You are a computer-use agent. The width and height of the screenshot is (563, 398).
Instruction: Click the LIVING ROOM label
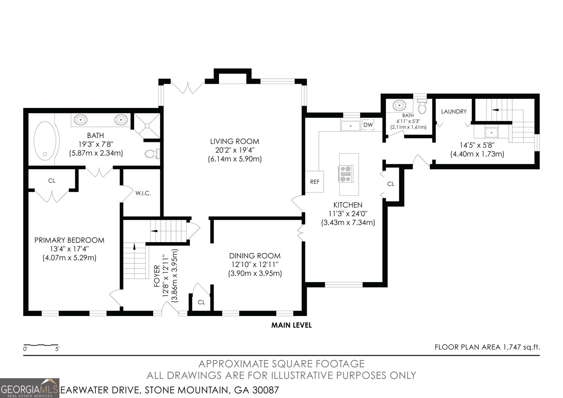coord(234,141)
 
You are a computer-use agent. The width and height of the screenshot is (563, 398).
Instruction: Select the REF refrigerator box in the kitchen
coord(315,182)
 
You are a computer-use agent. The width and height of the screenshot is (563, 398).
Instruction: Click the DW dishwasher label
coord(368,125)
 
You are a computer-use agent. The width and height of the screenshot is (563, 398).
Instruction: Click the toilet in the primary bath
coord(152,154)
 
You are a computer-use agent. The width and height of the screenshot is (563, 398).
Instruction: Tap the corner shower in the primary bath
coord(147,126)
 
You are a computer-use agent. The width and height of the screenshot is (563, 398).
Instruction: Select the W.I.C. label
coord(143,193)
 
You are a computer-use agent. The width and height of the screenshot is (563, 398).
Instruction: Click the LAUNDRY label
coord(454,112)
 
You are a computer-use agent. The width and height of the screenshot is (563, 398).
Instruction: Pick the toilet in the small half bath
coord(422,107)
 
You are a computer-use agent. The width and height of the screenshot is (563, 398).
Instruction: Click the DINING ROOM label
coord(255,256)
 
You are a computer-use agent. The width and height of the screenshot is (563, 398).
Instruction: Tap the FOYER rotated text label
coord(157,276)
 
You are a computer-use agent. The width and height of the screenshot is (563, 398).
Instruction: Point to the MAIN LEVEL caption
coord(291,325)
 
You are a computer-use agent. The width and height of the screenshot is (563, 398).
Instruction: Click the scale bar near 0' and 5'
coord(41,345)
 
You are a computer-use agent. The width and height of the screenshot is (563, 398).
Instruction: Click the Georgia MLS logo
coord(30,388)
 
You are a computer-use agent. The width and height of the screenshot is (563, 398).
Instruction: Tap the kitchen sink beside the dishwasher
coord(350,126)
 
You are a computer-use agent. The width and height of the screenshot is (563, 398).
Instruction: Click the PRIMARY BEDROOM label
coord(69,240)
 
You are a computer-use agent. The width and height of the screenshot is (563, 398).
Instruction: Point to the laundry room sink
coord(491,132)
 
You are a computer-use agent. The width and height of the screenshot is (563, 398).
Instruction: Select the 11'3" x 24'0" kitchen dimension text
coord(348,214)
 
